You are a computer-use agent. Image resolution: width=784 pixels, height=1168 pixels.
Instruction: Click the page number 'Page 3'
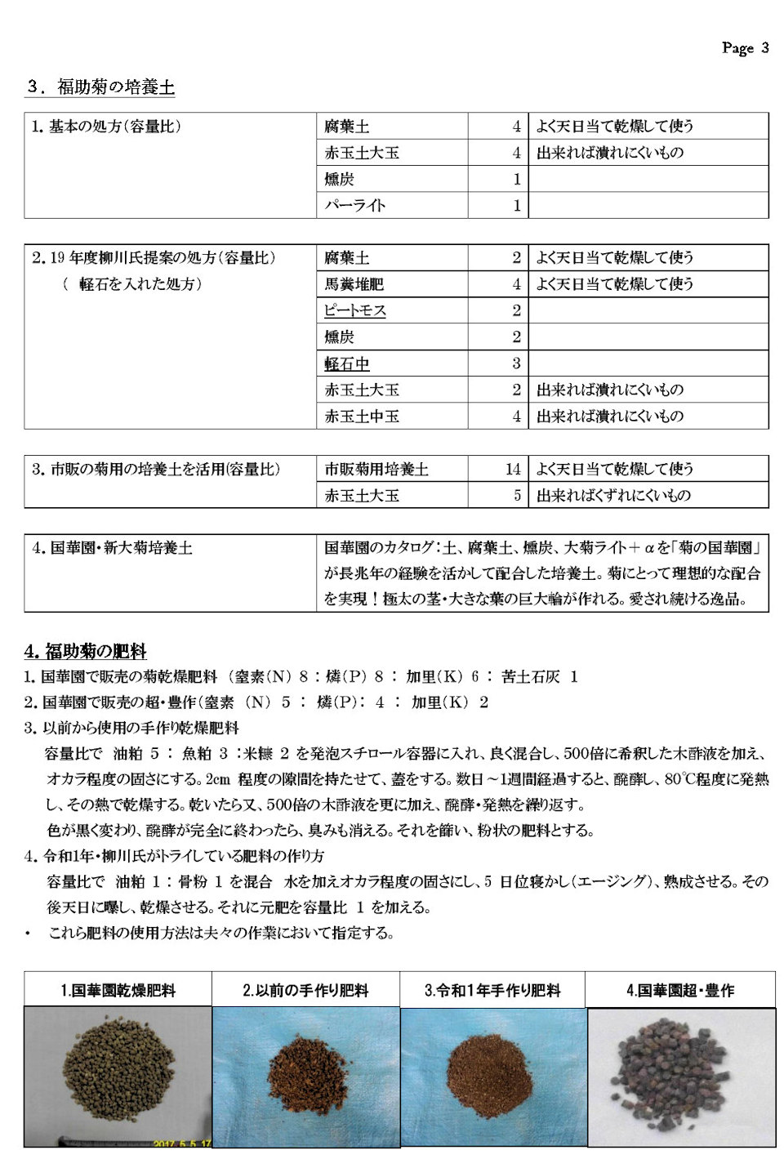point(745,48)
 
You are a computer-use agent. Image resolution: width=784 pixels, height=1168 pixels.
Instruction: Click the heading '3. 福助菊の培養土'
point(100,87)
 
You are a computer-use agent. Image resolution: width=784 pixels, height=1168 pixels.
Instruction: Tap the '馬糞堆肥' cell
point(354,284)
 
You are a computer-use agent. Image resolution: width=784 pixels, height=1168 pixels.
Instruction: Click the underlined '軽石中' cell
point(346,363)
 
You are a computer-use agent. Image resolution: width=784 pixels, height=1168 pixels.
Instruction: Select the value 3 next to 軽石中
point(516,363)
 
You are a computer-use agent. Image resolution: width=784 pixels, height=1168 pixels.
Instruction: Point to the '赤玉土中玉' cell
point(362,416)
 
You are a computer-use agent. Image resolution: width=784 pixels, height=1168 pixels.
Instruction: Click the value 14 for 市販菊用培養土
point(512,469)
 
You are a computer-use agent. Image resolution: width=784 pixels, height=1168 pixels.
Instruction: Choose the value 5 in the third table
point(516,495)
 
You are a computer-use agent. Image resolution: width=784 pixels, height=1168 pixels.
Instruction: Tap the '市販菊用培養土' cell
point(376,469)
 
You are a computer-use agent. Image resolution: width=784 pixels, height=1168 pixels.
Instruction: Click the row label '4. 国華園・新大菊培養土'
point(112,548)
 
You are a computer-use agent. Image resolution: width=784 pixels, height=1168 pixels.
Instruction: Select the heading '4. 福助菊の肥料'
point(86,651)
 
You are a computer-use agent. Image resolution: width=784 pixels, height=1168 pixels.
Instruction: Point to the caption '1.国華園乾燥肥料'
point(118,991)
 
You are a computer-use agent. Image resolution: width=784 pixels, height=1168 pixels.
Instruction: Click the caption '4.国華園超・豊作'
point(679,991)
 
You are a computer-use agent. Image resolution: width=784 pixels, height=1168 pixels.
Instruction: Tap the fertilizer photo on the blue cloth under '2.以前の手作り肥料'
point(305,1077)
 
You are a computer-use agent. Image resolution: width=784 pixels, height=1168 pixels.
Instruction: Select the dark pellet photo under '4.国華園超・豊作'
point(680,1077)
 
